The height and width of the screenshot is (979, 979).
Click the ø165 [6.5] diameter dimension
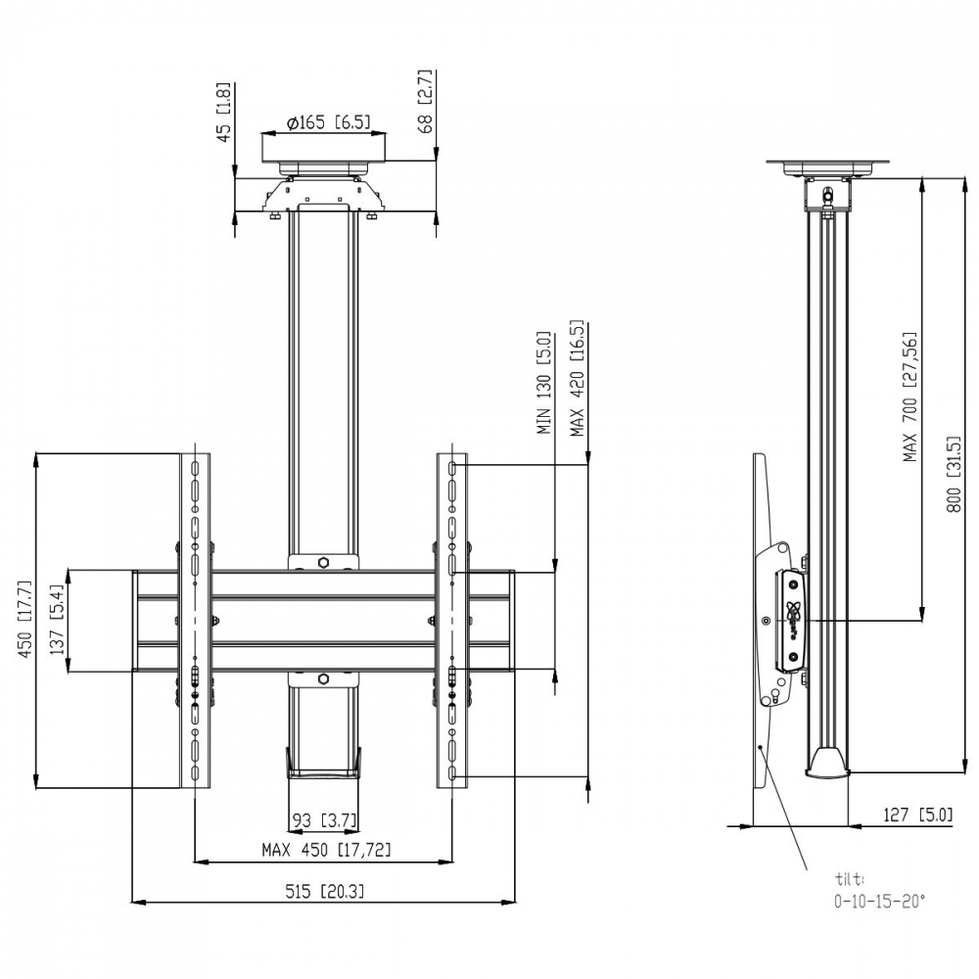pyautogui.click(x=328, y=122)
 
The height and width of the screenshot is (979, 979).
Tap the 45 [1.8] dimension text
pyautogui.click(x=223, y=113)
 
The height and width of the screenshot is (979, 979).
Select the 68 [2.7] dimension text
pyautogui.click(x=426, y=101)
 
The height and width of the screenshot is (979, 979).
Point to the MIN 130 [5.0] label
pyautogui.click(x=543, y=383)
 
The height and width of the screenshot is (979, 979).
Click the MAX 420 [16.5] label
pyautogui.click(x=577, y=378)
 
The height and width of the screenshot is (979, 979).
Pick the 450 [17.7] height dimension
pyautogui.click(x=25, y=619)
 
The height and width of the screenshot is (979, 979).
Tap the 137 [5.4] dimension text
pyautogui.click(x=58, y=620)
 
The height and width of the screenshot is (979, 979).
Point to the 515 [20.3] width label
pyautogui.click(x=325, y=891)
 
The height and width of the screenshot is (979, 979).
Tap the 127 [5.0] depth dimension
pyautogui.click(x=918, y=815)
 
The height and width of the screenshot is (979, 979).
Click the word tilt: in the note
pyautogui.click(x=850, y=879)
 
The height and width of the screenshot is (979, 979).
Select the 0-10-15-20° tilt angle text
pyautogui.click(x=880, y=902)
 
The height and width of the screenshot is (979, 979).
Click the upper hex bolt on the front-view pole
pyautogui.click(x=323, y=563)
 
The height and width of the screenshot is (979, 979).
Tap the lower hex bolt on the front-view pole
pyautogui.click(x=323, y=678)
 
